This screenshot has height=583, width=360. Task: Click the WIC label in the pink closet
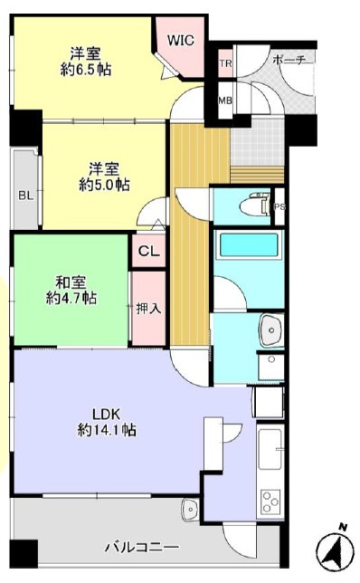tap(181, 40)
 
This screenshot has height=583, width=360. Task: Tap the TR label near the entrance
tap(225, 63)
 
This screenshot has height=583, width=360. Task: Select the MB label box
tap(225, 100)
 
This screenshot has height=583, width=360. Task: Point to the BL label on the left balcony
tap(26, 196)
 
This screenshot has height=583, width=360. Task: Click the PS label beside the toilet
tap(279, 207)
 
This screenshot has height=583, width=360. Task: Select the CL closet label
tap(149, 252)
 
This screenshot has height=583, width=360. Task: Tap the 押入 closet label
tap(148, 308)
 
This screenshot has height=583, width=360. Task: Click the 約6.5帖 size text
tap(86, 70)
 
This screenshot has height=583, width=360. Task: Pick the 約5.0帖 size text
tap(104, 185)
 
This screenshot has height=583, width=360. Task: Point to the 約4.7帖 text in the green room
tap(71, 298)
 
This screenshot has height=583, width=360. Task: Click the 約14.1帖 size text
tap(107, 430)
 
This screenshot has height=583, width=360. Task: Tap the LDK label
tap(106, 414)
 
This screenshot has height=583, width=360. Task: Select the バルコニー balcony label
tap(142, 547)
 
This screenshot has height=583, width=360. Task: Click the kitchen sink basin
tap(270, 450)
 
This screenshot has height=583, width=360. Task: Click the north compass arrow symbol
tap(335, 550)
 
